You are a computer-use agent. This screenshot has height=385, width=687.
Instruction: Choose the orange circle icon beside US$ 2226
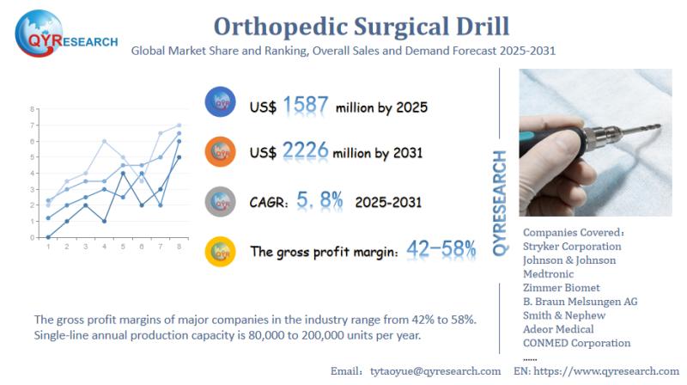pos(221,152)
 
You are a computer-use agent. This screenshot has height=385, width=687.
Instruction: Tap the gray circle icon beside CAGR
pos(221,201)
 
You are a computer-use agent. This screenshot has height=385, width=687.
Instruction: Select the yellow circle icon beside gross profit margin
pos(221,251)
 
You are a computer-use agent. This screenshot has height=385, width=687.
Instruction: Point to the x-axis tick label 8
pos(179,247)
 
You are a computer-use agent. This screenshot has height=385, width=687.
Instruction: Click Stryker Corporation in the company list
pos(572,246)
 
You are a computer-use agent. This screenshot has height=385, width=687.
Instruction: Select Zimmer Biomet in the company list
pos(561,287)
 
